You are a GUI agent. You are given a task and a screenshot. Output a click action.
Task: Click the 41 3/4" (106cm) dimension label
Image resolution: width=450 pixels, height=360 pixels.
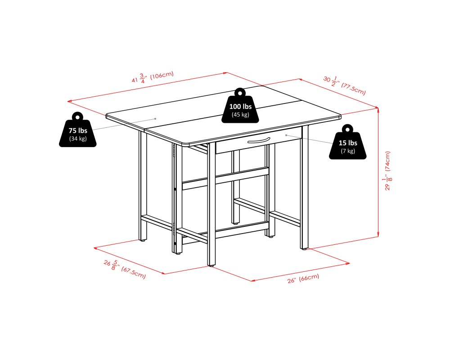(x=153, y=77)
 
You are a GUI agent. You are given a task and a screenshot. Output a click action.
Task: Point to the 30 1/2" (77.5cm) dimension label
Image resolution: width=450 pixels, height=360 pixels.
(x=345, y=85)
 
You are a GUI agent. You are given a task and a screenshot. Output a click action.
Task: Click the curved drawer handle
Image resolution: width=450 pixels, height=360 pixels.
(x=258, y=141)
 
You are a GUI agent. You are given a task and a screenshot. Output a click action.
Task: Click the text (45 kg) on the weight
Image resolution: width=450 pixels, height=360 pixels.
(x=240, y=115)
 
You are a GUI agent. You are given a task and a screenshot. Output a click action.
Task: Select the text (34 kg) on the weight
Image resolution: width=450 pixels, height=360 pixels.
(x=78, y=138)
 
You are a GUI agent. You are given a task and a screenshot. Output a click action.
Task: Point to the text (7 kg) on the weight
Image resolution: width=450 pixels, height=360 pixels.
(x=348, y=151)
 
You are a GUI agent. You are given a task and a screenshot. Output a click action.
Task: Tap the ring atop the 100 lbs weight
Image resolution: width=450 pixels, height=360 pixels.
(x=240, y=92)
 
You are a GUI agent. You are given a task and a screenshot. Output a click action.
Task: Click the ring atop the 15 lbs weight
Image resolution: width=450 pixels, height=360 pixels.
(x=348, y=129)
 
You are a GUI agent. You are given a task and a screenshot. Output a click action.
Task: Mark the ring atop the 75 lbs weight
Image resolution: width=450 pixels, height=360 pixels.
(x=78, y=116)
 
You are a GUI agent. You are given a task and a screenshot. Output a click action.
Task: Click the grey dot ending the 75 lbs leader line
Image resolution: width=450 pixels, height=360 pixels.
(x=155, y=118)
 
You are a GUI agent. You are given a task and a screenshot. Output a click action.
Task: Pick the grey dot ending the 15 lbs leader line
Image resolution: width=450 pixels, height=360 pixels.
(x=286, y=135)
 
